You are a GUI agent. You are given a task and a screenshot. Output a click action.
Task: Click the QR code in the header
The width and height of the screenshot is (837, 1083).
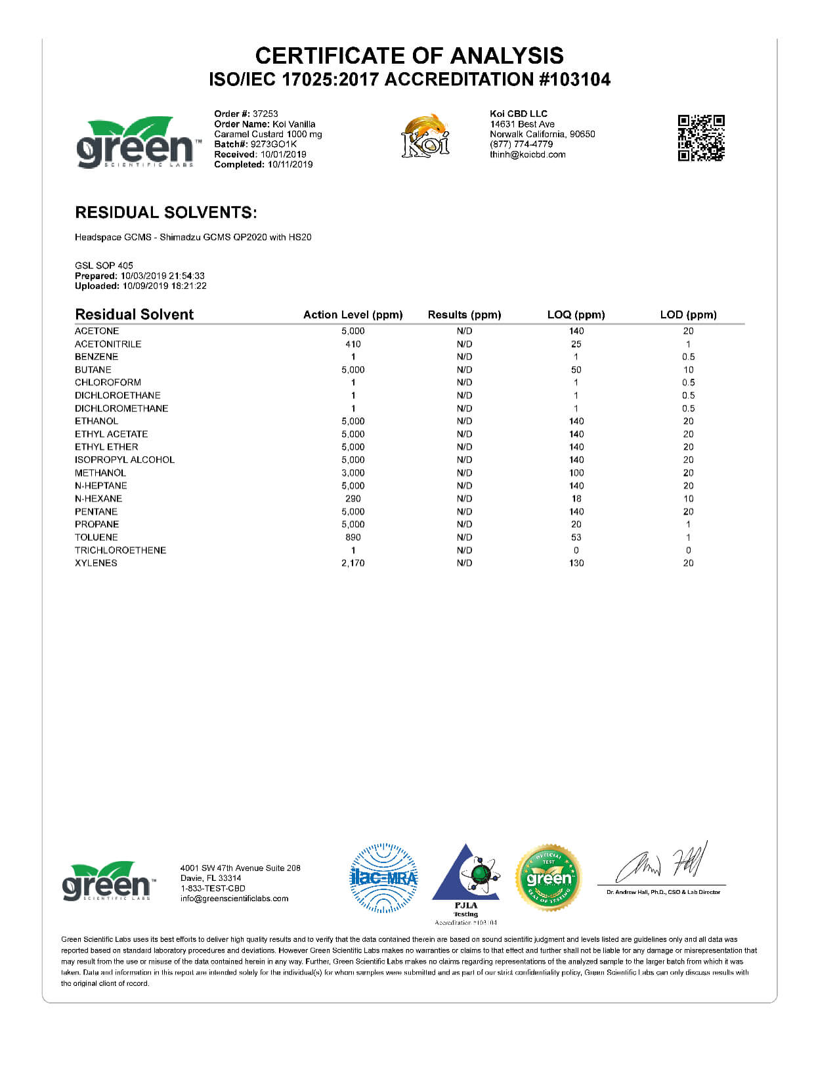pos(700,138)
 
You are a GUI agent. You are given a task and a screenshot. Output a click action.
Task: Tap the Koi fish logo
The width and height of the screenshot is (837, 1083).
pos(425,136)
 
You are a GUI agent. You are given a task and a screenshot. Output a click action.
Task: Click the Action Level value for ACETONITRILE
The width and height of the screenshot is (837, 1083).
pos(353,344)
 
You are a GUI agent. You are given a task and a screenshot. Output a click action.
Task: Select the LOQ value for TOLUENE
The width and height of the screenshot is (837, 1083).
pos(576,537)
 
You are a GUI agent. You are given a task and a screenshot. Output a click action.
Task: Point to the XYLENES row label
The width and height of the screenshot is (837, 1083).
pos(96,563)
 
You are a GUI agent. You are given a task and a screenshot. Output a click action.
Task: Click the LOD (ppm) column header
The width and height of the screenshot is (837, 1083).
pos(688,315)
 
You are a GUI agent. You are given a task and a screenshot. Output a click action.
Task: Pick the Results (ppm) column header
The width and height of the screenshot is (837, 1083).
pos(464,315)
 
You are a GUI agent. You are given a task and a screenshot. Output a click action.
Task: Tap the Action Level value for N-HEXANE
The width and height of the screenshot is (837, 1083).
pos(353,499)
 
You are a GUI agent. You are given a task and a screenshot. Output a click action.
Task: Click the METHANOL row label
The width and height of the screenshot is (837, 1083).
pos(100,473)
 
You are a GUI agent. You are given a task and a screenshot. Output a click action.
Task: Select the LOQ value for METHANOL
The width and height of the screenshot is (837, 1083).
pos(576,473)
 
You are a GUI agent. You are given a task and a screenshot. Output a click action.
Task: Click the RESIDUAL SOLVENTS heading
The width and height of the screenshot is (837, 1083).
pos(166,213)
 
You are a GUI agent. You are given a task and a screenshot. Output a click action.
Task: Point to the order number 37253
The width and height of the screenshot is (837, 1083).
pos(265,114)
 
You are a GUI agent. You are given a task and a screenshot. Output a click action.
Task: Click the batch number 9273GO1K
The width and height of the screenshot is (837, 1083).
pos(274,144)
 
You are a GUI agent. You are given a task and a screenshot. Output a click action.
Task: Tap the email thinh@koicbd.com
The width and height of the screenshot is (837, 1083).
pos(527,155)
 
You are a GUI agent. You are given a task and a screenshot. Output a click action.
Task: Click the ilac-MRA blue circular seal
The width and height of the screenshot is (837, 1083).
pos(383,878)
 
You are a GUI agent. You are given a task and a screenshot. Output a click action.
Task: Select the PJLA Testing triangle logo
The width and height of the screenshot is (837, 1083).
pos(467,876)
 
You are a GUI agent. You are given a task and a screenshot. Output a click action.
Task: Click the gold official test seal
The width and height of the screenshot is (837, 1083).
pos(548,878)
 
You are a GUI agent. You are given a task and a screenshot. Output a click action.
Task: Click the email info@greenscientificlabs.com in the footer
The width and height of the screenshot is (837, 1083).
pos(234,899)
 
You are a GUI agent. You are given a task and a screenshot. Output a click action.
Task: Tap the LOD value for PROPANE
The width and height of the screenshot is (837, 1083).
pos(688,524)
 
